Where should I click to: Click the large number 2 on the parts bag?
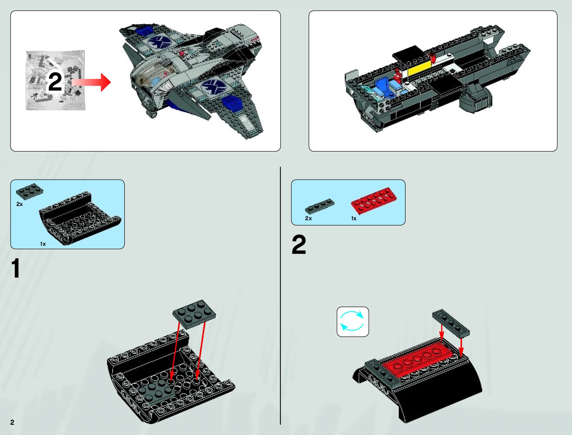pyautogui.click(x=55, y=82)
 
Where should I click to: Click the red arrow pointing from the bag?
pyautogui.click(x=93, y=83)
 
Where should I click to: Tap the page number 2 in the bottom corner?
pyautogui.click(x=12, y=422)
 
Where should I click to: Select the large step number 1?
pyautogui.click(x=15, y=269)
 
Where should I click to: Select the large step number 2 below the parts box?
pyautogui.click(x=299, y=245)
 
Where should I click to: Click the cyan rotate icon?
pyautogui.click(x=352, y=321)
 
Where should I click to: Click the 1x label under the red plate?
pyautogui.click(x=353, y=218)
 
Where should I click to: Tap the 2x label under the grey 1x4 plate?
pyautogui.click(x=308, y=218)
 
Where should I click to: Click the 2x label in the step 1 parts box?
pyautogui.click(x=19, y=204)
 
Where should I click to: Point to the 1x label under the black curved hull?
pyautogui.click(x=43, y=244)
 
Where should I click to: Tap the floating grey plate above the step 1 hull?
pyautogui.click(x=194, y=313)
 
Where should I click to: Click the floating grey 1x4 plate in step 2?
pyautogui.click(x=451, y=323)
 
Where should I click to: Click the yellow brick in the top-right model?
pyautogui.click(x=418, y=69)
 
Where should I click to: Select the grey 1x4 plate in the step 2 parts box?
pyautogui.click(x=319, y=206)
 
